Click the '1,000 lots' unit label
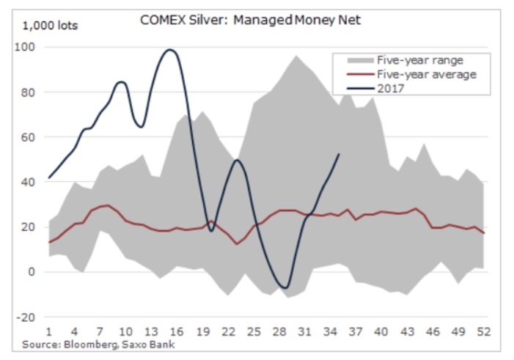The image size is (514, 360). coord(50,26)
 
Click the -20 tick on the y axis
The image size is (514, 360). coord(27,317)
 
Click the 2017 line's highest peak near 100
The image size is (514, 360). coord(170,50)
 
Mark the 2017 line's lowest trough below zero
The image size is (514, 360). coord(285,287)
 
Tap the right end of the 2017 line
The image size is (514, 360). coord(338,154)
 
